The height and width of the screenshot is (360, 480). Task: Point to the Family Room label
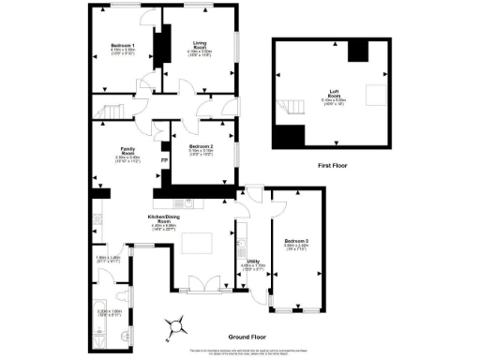click(x=125, y=154)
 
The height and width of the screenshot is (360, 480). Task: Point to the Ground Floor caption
click(x=247, y=335)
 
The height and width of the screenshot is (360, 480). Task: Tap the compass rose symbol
click(x=172, y=325)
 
